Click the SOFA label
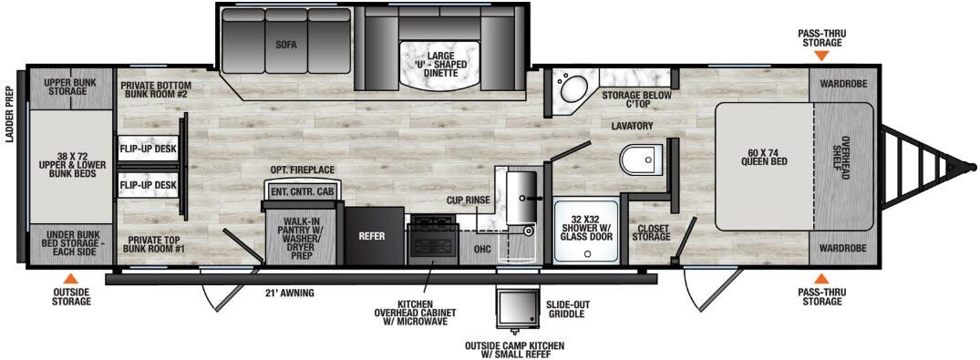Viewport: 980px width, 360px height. pos(286,44)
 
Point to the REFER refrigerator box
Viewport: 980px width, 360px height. pos(371,235)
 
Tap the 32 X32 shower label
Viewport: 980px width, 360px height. pos(584,224)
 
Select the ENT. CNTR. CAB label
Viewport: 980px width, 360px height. pos(300,191)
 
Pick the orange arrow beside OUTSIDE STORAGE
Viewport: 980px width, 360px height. pos(71,278)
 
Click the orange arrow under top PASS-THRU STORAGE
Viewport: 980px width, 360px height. pos(821,56)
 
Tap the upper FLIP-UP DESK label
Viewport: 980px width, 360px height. pos(147,148)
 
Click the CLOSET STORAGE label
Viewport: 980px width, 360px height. pos(653,234)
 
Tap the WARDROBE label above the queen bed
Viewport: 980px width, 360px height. pos(842,84)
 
